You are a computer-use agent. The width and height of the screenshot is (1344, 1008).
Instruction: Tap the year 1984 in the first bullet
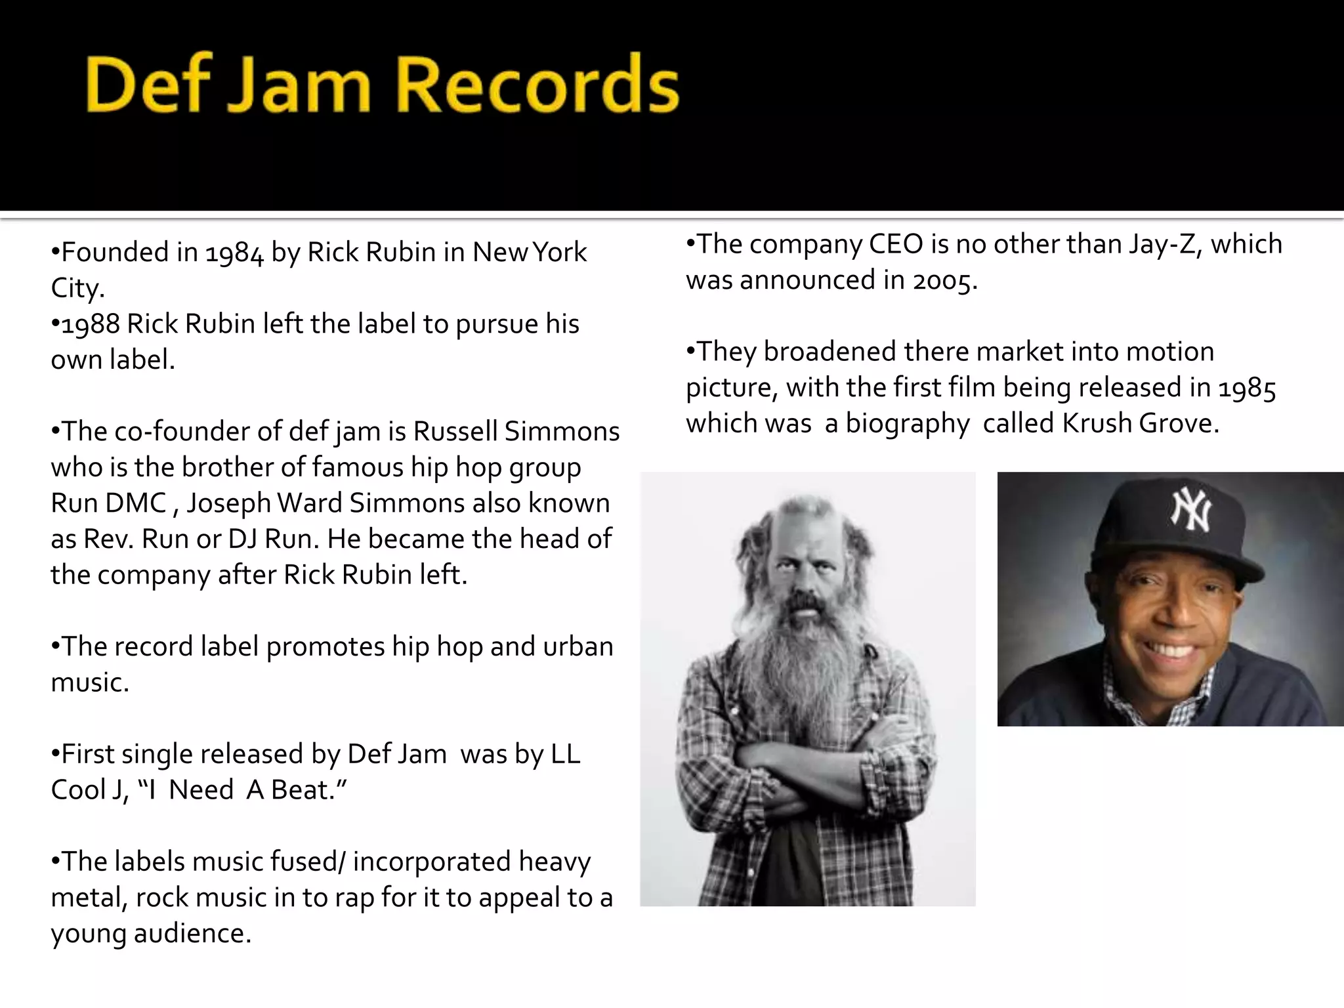pos(234,253)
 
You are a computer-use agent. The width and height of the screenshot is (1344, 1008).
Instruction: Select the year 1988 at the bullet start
pos(91,325)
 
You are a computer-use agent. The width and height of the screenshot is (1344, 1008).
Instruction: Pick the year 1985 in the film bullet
pos(1247,388)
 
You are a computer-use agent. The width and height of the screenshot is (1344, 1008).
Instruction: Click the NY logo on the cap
pos(1191,511)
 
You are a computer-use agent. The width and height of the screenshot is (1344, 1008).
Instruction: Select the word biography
pos(908,424)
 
